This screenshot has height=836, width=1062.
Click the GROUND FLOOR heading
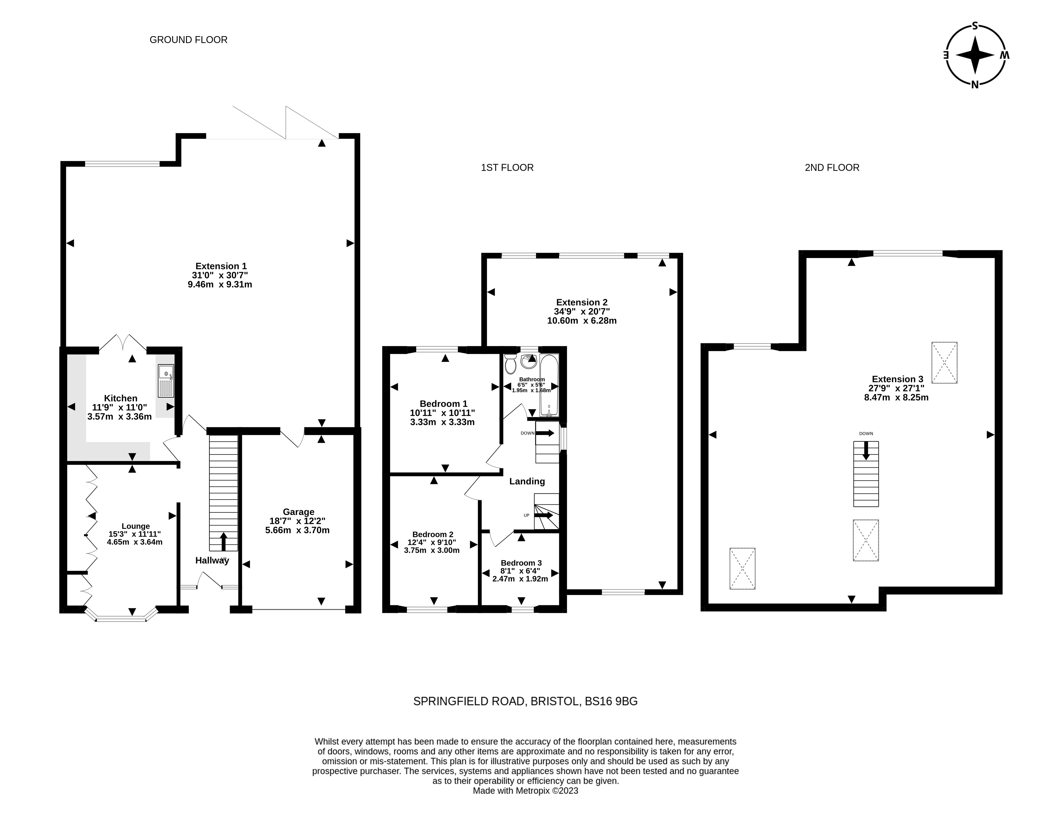[x=189, y=40]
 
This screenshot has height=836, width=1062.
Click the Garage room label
[x=298, y=512]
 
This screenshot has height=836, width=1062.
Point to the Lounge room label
[x=136, y=526]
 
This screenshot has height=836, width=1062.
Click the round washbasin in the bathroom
[x=529, y=361]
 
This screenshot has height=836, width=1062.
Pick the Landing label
[x=527, y=481]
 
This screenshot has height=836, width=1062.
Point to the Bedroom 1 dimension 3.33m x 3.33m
[x=442, y=422]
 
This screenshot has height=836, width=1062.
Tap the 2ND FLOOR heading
[x=832, y=168]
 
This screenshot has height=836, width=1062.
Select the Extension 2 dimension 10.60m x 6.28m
[x=582, y=321]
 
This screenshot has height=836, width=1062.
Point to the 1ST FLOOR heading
[x=507, y=168]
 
